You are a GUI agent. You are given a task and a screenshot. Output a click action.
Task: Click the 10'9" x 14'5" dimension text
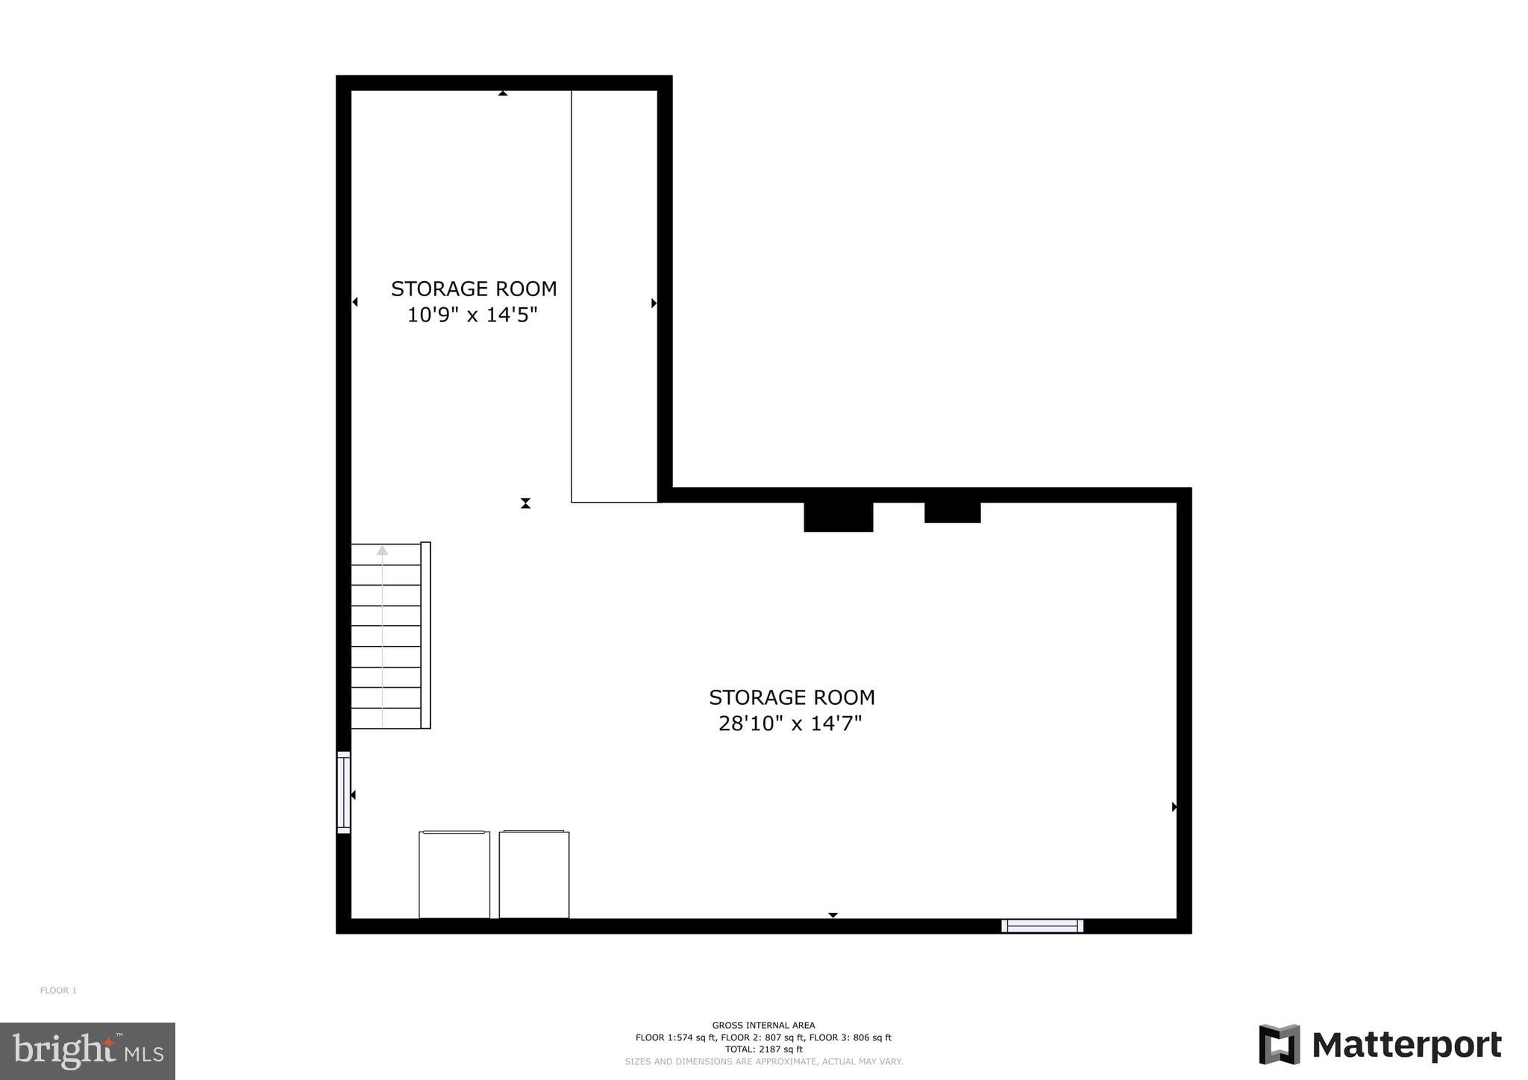tap(472, 315)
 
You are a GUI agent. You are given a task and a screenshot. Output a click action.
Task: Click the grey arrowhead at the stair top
tap(382, 550)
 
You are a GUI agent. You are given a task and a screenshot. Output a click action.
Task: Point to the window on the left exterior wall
tap(343, 791)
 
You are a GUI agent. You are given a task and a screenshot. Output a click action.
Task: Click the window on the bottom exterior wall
tap(1042, 926)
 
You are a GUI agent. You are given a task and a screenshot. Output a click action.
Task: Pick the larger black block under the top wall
tap(838, 517)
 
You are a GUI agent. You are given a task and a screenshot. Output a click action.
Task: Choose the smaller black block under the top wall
tap(952, 512)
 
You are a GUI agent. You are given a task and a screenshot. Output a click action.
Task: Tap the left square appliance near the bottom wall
tap(454, 874)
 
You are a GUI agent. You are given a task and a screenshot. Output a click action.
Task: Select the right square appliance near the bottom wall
tap(533, 874)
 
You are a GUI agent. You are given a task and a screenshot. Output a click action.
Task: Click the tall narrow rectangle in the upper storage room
tap(614, 296)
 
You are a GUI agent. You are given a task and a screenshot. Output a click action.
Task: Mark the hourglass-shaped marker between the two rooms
tap(525, 503)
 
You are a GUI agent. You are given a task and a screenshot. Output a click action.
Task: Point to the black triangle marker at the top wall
tap(503, 93)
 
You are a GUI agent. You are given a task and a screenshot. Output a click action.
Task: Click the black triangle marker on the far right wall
tap(1174, 807)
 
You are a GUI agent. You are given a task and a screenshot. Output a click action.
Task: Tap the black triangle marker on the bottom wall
tap(833, 915)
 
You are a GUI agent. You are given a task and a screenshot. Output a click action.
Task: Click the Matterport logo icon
tap(1279, 1045)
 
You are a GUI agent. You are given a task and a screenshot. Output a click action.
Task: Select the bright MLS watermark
tap(87, 1051)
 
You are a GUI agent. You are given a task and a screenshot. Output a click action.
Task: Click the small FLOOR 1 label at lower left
tap(58, 990)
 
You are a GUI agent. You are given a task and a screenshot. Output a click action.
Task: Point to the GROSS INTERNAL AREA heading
tap(763, 1026)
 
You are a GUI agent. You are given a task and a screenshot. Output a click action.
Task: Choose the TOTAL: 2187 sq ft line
tap(763, 1049)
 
